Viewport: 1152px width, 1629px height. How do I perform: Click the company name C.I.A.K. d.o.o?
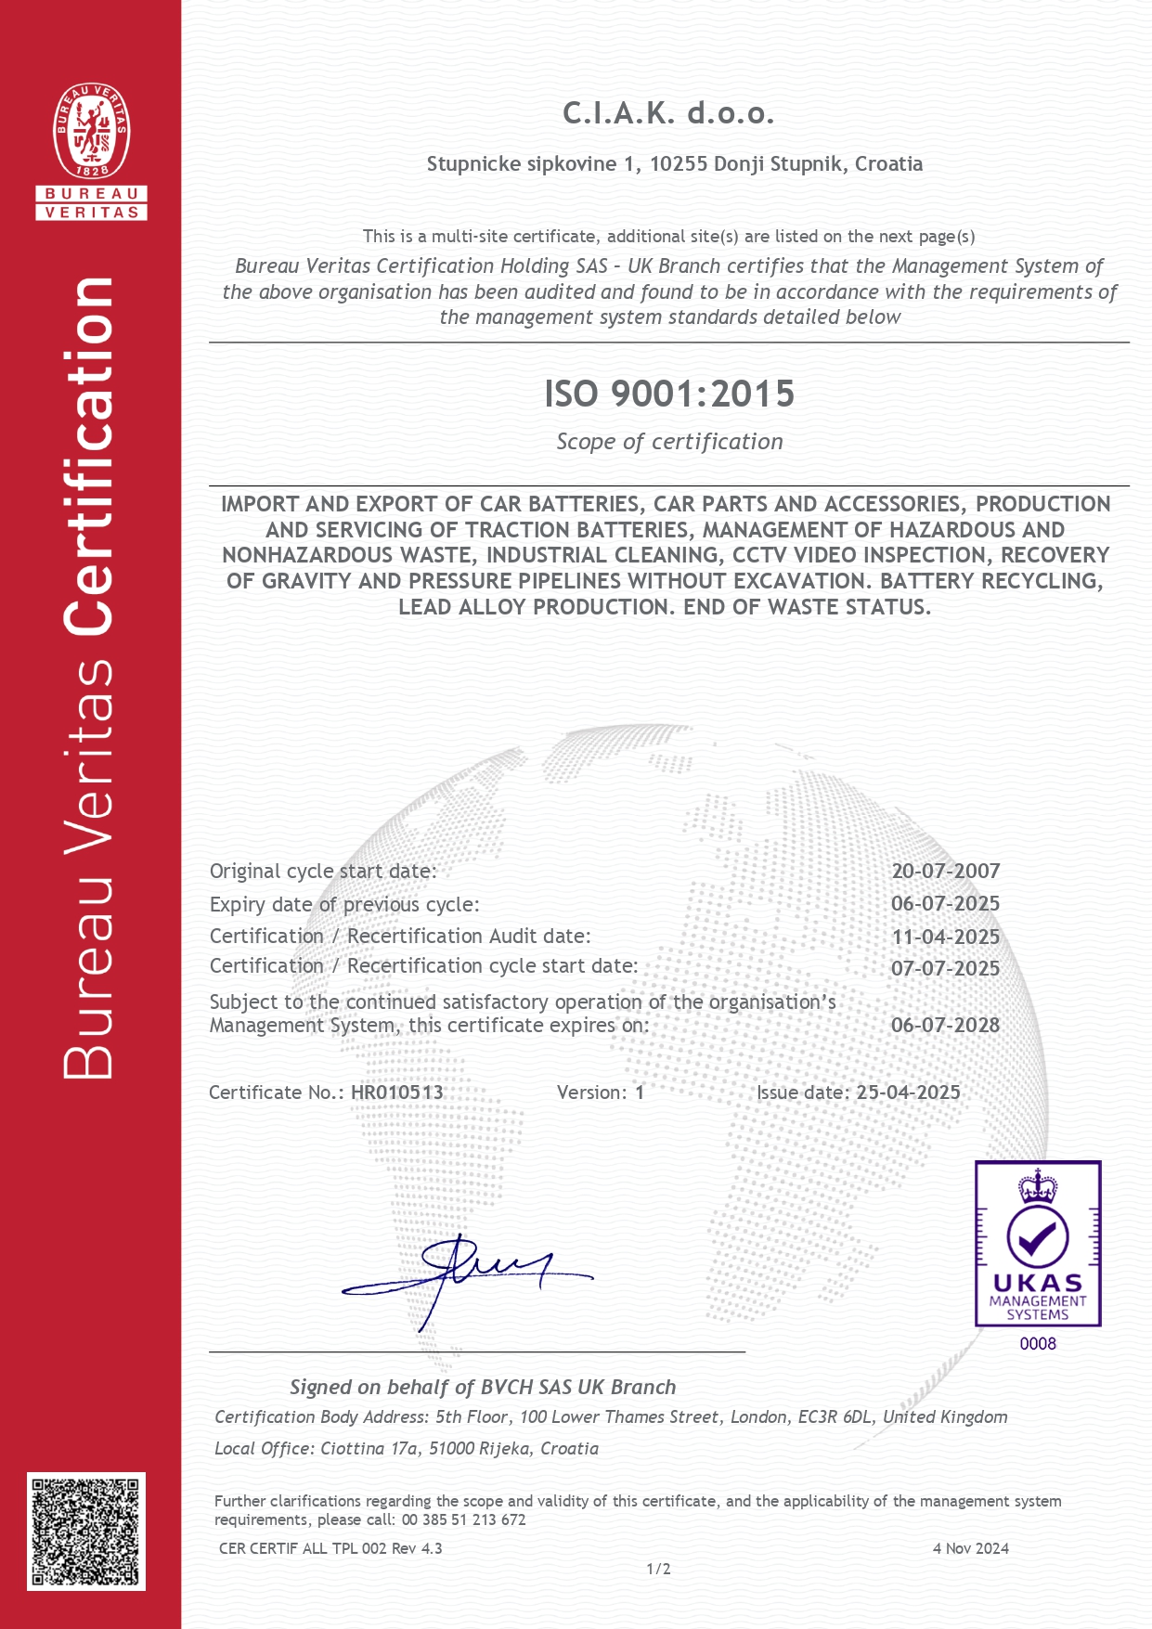click(x=668, y=113)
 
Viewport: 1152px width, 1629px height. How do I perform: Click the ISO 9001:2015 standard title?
click(x=668, y=394)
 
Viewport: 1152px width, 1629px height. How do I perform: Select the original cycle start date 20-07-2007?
click(x=945, y=871)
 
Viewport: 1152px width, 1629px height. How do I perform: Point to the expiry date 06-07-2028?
click(x=945, y=1025)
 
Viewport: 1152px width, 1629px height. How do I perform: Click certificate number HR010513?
click(x=396, y=1092)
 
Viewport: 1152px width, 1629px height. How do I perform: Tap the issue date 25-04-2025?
click(x=908, y=1092)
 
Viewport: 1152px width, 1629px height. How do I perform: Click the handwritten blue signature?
click(x=464, y=1276)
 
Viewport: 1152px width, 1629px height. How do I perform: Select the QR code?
click(x=85, y=1531)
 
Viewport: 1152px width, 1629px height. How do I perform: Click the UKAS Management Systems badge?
click(x=1037, y=1243)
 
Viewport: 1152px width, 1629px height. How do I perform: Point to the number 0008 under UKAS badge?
click(x=1037, y=1343)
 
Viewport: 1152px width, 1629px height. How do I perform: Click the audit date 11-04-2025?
click(x=945, y=937)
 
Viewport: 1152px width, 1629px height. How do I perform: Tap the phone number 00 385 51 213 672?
click(x=463, y=1519)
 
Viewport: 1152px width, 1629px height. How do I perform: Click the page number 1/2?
click(x=658, y=1569)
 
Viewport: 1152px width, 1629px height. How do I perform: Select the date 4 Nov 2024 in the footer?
click(x=970, y=1548)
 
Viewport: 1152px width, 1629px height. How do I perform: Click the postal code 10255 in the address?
click(x=678, y=164)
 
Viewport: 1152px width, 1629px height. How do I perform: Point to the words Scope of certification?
click(x=668, y=442)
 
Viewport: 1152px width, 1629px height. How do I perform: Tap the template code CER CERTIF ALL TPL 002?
click(x=303, y=1548)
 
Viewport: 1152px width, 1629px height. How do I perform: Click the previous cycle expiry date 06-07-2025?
click(x=945, y=903)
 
